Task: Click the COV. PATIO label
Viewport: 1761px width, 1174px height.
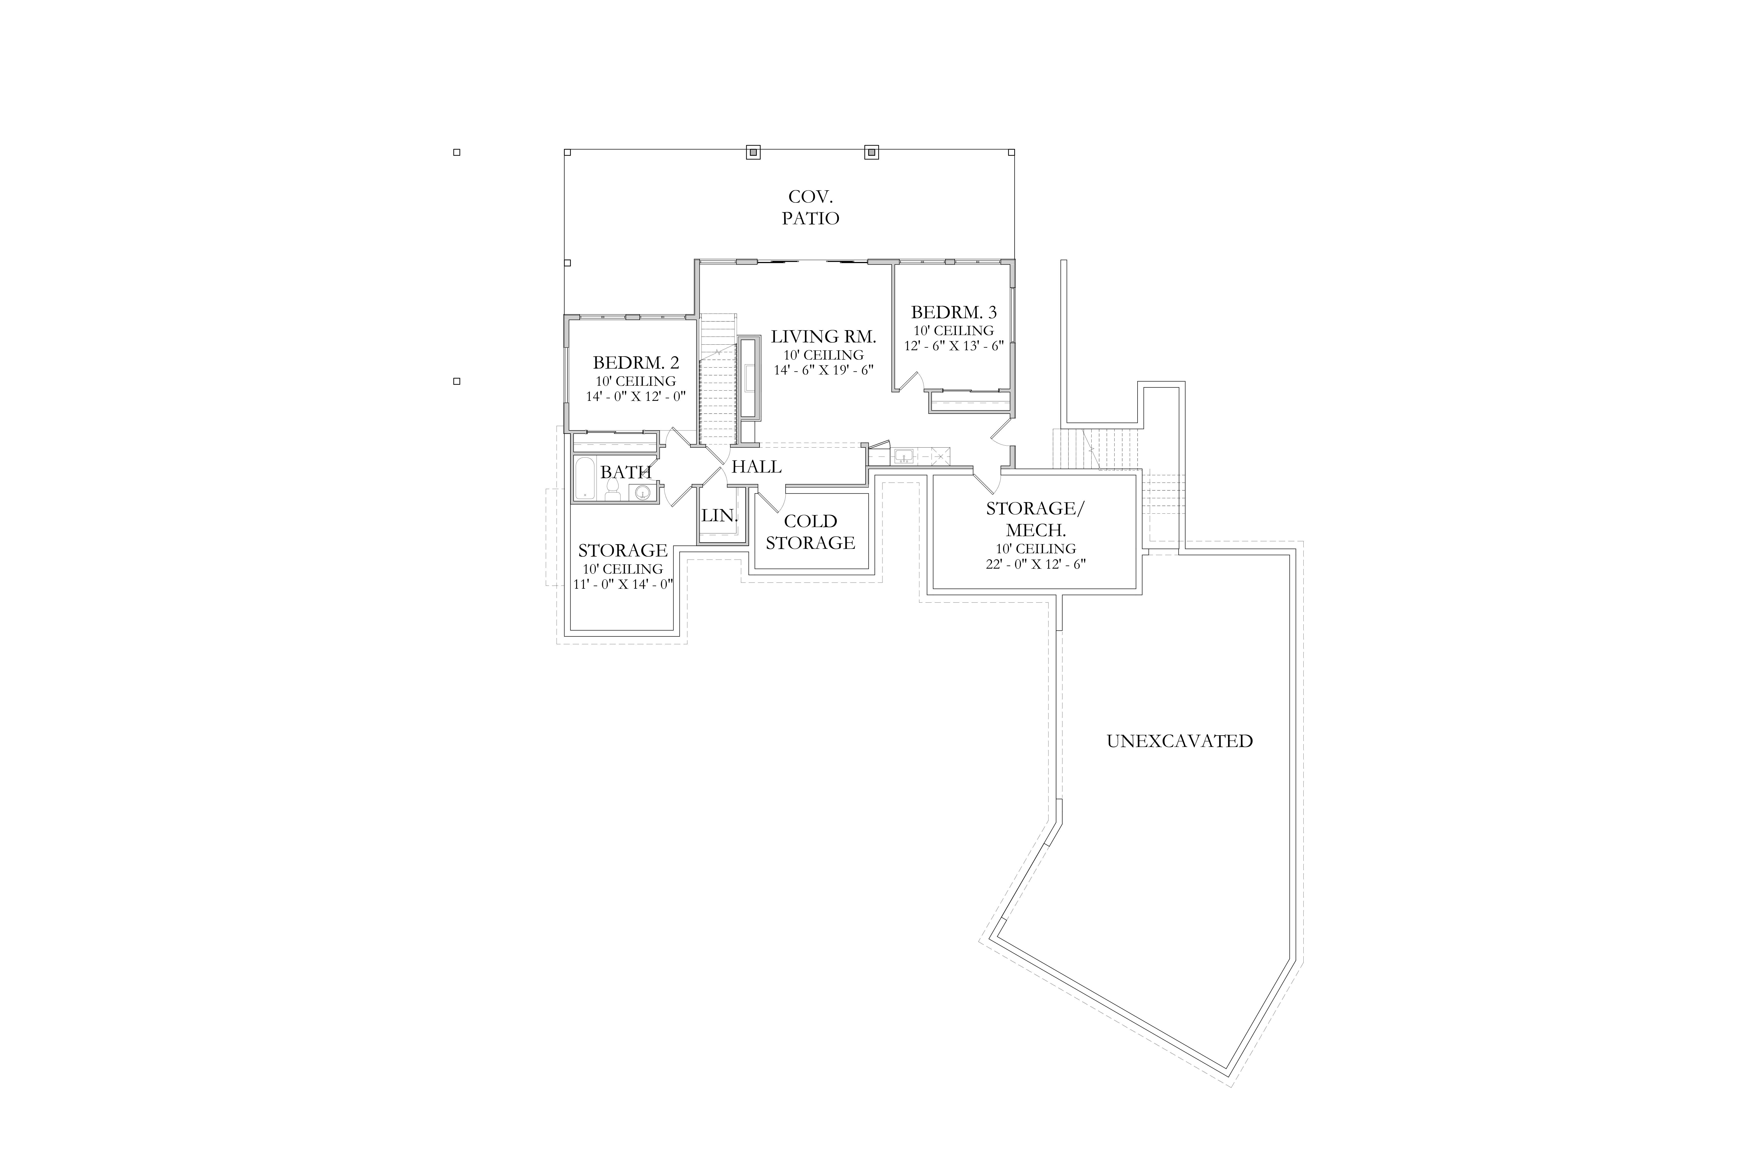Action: (811, 207)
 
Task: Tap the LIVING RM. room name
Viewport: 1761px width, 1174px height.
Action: (824, 337)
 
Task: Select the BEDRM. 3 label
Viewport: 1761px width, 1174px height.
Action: (954, 312)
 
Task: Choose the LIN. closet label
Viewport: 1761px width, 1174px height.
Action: (720, 516)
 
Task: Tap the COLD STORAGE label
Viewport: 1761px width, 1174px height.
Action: (810, 531)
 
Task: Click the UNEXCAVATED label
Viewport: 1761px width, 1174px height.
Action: (1179, 741)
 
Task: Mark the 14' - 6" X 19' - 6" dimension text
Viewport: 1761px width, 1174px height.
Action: (824, 370)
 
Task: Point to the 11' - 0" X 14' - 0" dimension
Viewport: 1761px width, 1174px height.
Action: (623, 584)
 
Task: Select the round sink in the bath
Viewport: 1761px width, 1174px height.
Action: (643, 492)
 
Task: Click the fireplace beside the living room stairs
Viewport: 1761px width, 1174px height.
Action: (749, 378)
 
